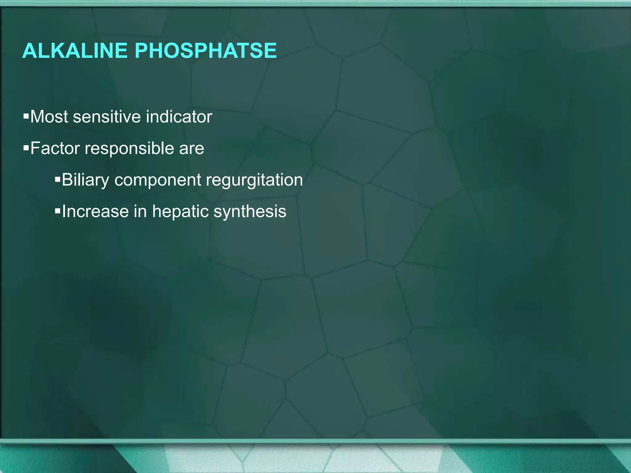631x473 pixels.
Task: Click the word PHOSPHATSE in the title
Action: coord(206,51)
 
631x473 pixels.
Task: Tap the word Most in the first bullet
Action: coord(49,117)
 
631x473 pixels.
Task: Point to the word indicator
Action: coord(179,117)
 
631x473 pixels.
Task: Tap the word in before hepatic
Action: coord(140,211)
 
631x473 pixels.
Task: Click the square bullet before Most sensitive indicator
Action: coord(26,116)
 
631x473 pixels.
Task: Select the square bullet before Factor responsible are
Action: coord(26,148)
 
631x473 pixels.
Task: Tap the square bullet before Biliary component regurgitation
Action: coord(58,180)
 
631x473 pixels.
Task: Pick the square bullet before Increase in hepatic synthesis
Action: coord(58,211)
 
